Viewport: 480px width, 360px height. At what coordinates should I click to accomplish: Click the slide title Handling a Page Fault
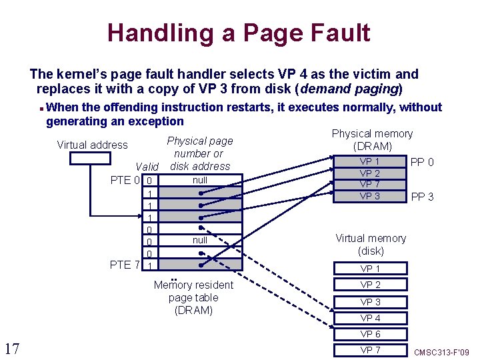[x=239, y=32]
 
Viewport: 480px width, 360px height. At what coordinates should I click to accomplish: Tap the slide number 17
[x=11, y=347]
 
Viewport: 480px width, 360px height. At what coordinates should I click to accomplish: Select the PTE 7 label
[x=125, y=265]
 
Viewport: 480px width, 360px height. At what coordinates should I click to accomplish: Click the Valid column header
[x=147, y=167]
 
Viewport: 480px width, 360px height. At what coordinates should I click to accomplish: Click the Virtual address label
[x=92, y=145]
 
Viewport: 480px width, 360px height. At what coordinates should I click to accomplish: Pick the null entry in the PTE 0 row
[x=199, y=180]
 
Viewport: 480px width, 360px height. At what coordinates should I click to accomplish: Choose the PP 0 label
[x=423, y=162]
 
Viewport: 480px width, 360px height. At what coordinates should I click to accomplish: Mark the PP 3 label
[x=423, y=196]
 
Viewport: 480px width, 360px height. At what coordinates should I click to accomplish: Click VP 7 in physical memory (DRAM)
[x=370, y=184]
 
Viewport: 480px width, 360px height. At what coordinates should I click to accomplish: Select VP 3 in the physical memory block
[x=370, y=196]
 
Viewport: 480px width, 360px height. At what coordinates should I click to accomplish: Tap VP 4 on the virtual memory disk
[x=370, y=318]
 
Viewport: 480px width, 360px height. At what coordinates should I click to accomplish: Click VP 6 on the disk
[x=370, y=334]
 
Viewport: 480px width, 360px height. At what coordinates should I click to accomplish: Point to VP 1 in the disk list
[x=370, y=269]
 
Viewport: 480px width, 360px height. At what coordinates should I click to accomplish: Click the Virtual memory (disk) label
[x=370, y=244]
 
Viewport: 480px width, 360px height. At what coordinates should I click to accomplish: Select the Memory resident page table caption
[x=193, y=297]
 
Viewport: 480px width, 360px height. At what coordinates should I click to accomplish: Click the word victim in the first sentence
[x=377, y=74]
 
